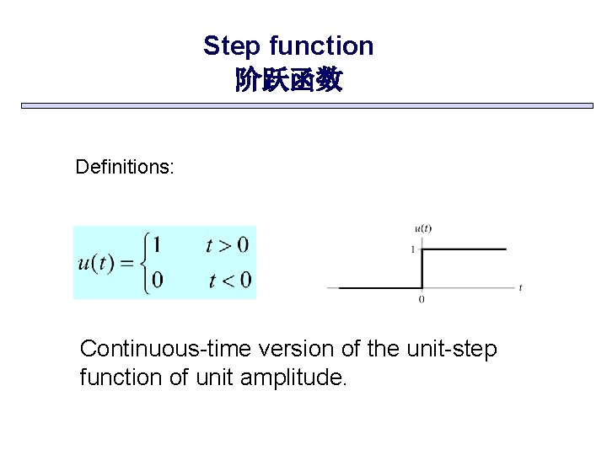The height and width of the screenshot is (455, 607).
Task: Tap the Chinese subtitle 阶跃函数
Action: pyautogui.click(x=288, y=81)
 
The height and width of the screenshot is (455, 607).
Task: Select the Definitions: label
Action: pyautogui.click(x=125, y=167)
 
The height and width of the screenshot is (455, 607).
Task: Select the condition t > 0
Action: pyautogui.click(x=227, y=245)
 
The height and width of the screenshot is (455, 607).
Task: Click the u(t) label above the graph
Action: pyautogui.click(x=422, y=228)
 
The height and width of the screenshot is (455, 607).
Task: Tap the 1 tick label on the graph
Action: pyautogui.click(x=412, y=249)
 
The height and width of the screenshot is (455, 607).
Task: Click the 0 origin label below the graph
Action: pyautogui.click(x=422, y=299)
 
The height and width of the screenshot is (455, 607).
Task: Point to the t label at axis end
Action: pyautogui.click(x=521, y=288)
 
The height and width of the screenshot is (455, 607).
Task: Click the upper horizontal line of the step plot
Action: pyautogui.click(x=464, y=249)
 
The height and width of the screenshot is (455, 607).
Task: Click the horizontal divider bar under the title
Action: pyautogui.click(x=307, y=106)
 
